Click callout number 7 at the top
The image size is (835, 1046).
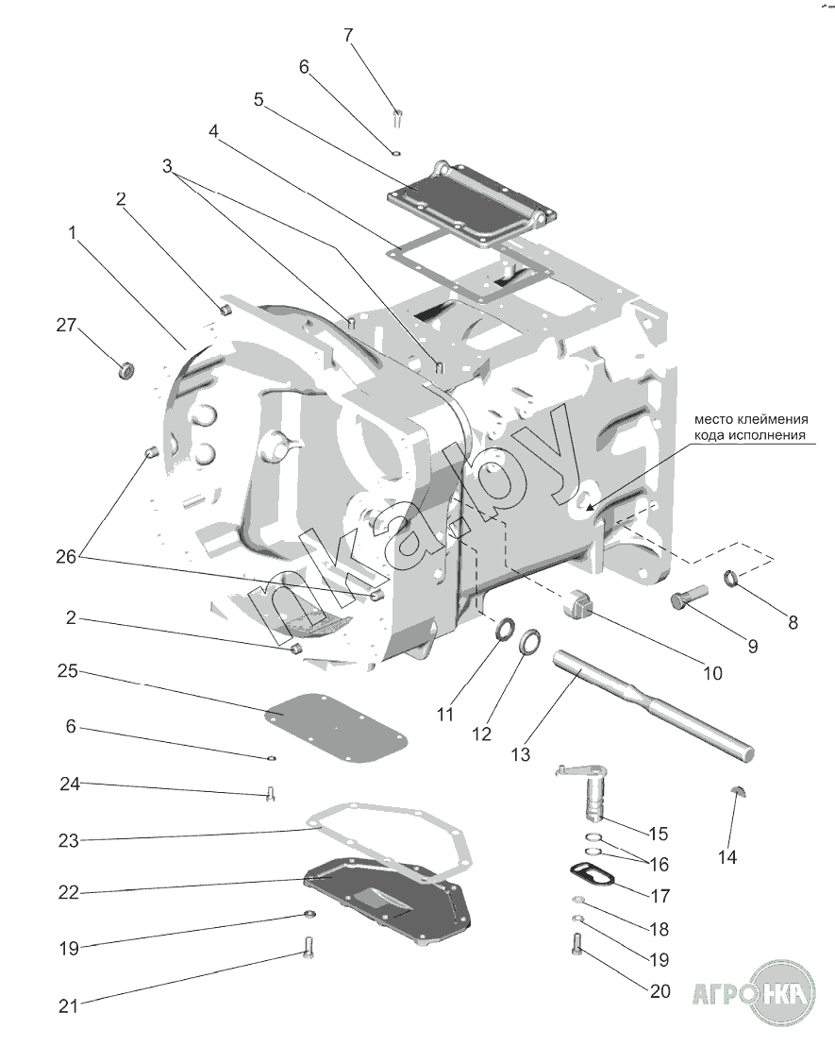coord(348,35)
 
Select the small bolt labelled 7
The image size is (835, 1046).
coord(397,118)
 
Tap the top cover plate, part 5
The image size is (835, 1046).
coord(472,205)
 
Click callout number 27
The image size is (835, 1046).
coord(66,326)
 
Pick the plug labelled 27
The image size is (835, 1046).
coord(125,368)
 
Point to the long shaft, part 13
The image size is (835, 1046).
coord(653,704)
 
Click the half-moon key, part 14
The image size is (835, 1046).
coord(739,791)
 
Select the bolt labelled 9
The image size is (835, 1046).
coord(688,595)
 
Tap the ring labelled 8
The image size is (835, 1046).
coord(731,578)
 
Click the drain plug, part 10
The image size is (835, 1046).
coord(577,602)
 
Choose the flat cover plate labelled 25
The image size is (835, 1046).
coord(336,729)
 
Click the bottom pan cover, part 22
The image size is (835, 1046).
coord(387,899)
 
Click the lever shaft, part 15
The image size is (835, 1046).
coord(584,791)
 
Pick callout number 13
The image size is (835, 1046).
coord(521,754)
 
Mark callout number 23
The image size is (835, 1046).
coord(68,840)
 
